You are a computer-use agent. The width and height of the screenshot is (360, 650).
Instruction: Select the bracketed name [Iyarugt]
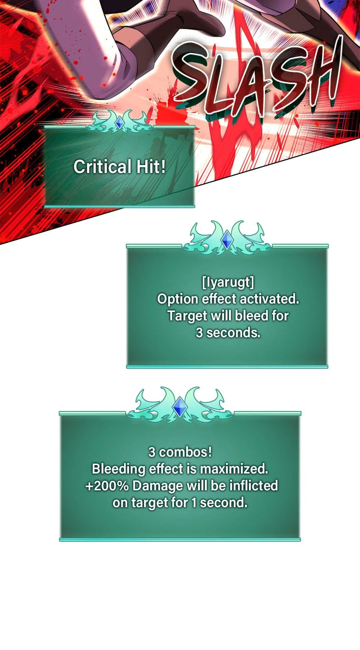click(x=228, y=282)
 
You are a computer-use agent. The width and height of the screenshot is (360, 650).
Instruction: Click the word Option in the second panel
click(x=178, y=299)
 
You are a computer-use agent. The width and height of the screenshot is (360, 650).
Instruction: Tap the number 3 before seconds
click(x=199, y=333)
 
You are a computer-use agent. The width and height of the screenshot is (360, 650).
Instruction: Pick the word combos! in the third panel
click(x=185, y=452)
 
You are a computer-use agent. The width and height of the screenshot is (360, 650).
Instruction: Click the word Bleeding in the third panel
click(x=118, y=469)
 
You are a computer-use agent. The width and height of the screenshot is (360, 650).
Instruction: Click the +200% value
click(x=107, y=486)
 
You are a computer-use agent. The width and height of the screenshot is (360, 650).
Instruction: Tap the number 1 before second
click(x=194, y=503)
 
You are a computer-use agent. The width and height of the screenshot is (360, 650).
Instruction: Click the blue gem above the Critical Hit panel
click(x=119, y=123)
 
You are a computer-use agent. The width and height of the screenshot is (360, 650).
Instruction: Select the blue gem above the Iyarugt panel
click(x=227, y=240)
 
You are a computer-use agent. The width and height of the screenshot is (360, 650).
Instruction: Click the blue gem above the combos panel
click(x=180, y=407)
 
